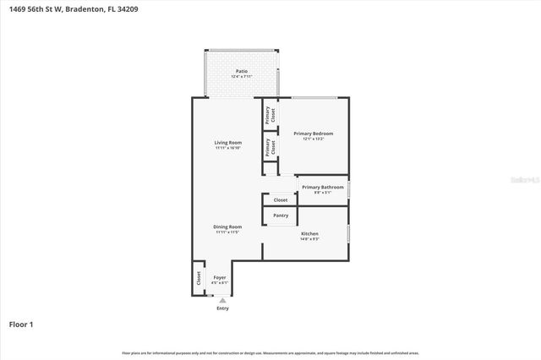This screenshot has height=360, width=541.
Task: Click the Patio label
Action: pos(241,73)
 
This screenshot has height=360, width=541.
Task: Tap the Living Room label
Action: pos(228,143)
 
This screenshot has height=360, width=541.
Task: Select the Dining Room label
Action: pos(227,226)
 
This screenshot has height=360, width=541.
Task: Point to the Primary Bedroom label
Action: pos(313,134)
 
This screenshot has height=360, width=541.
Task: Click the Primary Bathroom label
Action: pos(323,187)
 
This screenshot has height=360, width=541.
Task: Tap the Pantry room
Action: pos(281,216)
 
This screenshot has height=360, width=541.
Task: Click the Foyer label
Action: pos(220,278)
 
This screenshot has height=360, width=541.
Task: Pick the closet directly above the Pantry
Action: pos(280,200)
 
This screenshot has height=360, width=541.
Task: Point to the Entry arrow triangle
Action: pos(222,300)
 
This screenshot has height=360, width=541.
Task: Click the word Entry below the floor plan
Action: pos(222,308)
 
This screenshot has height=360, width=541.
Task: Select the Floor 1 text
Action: pos(21,324)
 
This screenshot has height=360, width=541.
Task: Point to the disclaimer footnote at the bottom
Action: pos(270,352)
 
